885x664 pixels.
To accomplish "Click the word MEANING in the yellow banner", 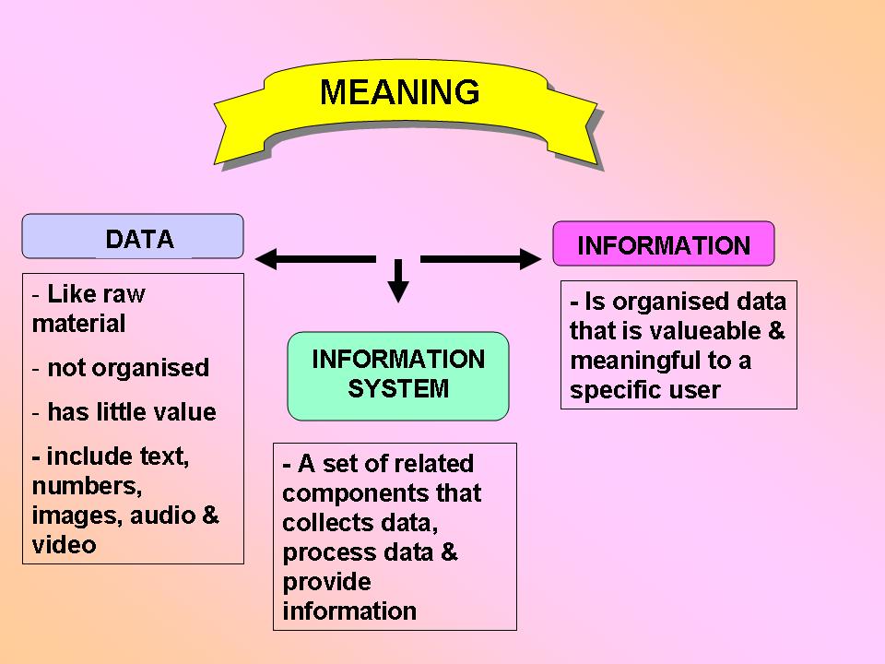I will pos(399,92).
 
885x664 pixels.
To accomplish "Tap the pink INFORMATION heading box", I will pos(663,244).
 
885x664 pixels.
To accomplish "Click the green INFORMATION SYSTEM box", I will pos(397,374).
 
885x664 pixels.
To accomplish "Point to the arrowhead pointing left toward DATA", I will pos(267,259).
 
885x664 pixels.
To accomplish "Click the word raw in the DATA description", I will pos(124,295).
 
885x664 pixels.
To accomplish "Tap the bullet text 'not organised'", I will pos(128,368).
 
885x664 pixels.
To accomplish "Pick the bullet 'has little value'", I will pos(131,412).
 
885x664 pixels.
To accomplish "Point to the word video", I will pos(64,544).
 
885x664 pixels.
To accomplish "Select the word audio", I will pos(161,515).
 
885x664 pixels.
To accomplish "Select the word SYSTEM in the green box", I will pos(397,389).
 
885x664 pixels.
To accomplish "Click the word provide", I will pos(326,582).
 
